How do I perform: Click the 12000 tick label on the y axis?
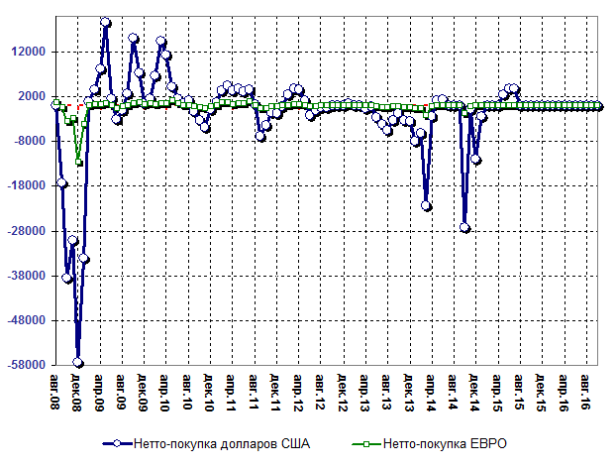click(29, 52)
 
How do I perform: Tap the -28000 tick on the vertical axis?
click(26, 231)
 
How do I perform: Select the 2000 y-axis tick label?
click(32, 96)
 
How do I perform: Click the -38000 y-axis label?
click(26, 276)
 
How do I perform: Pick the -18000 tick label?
click(26, 186)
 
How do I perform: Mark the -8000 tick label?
click(29, 141)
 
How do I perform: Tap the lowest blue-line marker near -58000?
click(78, 362)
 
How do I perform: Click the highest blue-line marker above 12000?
click(106, 23)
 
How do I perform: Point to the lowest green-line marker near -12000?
click(78, 162)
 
